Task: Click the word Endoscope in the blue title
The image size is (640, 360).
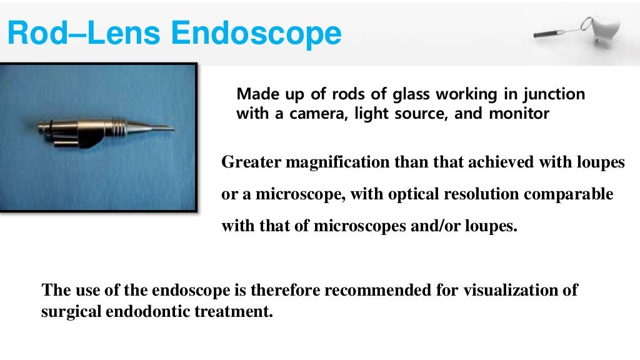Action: point(257,33)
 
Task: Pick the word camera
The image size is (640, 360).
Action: point(312,114)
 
